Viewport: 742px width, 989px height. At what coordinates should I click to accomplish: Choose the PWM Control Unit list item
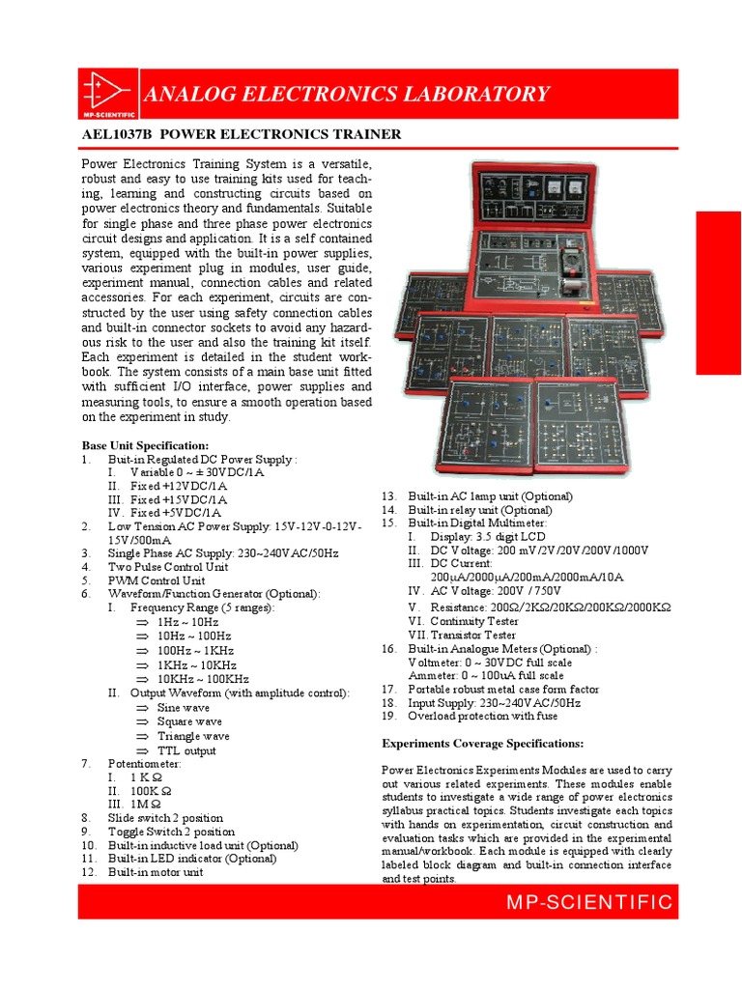point(157,580)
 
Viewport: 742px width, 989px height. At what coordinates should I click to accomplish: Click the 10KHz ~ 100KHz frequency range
point(202,679)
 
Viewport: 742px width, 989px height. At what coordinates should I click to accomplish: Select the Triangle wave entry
point(193,736)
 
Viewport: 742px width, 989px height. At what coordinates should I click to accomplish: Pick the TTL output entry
point(186,750)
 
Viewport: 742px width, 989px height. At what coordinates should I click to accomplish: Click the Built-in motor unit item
point(156,872)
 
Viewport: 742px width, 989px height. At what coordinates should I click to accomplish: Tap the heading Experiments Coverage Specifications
point(482,744)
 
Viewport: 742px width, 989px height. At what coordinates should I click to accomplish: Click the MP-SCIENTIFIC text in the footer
point(589,902)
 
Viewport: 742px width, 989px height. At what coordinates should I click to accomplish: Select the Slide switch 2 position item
point(165,817)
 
